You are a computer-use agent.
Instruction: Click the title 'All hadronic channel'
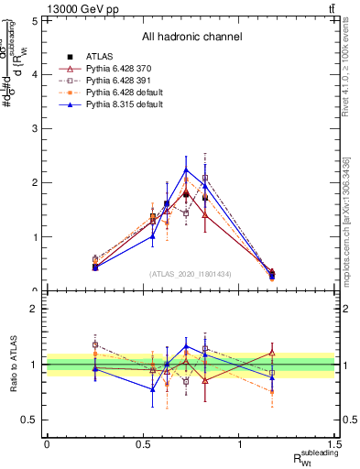pos(191,37)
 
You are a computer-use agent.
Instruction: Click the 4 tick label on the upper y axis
pos(34,74)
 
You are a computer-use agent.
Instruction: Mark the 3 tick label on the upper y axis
pos(34,128)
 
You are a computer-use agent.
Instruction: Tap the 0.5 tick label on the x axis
pos(143,443)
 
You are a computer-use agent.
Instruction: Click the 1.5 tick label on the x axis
pos(335,443)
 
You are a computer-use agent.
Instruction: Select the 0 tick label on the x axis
pos(47,443)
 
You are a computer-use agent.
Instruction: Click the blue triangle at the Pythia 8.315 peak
pos(186,169)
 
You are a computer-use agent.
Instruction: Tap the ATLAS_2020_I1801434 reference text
pos(191,274)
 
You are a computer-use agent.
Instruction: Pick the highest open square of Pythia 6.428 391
pos(205,178)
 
